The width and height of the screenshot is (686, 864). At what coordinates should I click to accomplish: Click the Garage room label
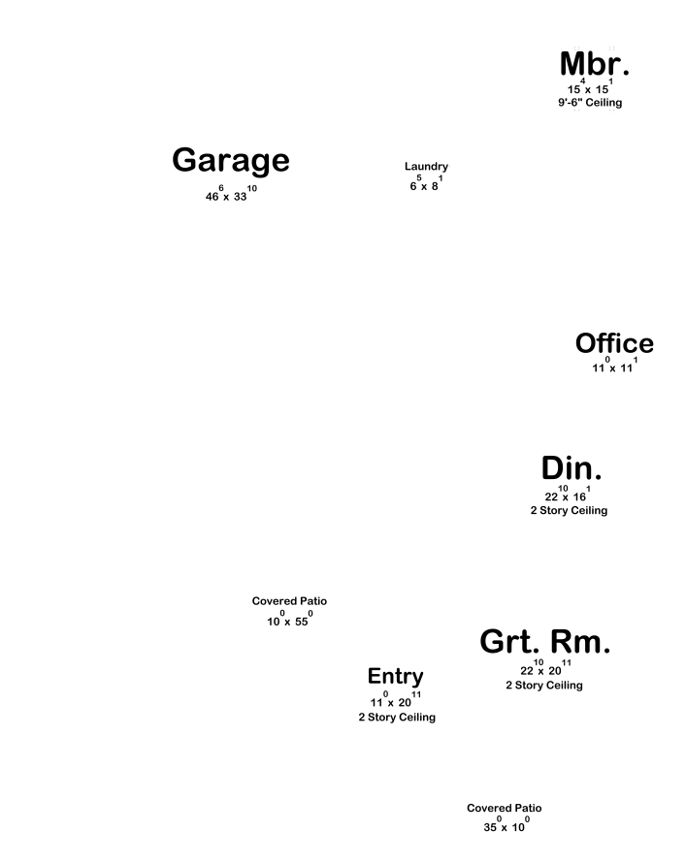pos(231,161)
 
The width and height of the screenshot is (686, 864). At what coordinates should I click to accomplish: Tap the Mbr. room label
pos(595,65)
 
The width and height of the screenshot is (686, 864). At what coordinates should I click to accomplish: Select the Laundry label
pos(426,167)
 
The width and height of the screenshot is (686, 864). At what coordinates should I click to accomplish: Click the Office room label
pos(614,344)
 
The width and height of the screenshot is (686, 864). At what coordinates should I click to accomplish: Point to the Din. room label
pos(572,468)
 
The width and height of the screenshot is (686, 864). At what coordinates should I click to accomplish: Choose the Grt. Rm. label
pos(544,642)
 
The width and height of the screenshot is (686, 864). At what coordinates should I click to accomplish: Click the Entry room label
pos(395,676)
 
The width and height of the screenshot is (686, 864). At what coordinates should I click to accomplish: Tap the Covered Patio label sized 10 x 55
pos(289,601)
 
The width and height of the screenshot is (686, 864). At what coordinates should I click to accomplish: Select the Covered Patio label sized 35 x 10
pos(504,808)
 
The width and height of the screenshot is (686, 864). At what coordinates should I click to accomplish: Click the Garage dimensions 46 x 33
pos(231,194)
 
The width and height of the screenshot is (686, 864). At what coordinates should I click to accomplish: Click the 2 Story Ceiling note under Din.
pos(569,511)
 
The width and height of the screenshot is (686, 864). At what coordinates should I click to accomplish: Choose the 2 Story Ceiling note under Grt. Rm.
pos(544,686)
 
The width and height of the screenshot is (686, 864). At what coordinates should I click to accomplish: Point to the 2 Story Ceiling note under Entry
pos(397,718)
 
